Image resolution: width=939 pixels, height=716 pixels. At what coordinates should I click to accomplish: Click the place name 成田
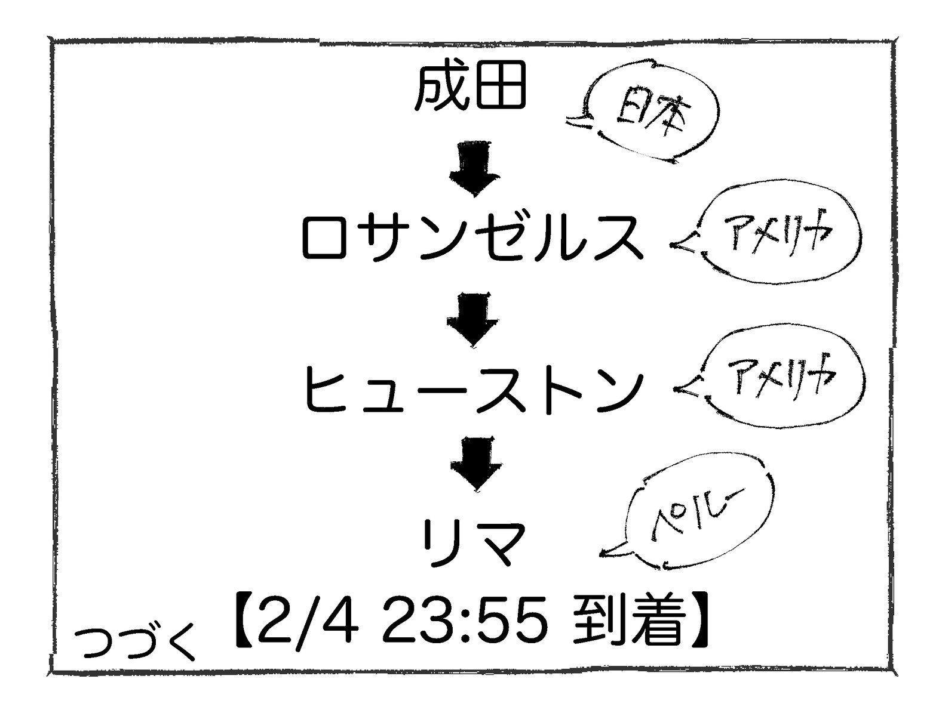(x=470, y=88)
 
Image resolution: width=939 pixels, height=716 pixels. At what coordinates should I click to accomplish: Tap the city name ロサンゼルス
(x=472, y=237)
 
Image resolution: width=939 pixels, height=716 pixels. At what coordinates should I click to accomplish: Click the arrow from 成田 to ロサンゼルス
(x=474, y=169)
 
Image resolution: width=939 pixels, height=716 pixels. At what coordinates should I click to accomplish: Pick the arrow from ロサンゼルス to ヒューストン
(x=472, y=319)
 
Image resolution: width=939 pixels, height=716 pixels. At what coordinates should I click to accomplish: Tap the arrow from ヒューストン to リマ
(x=475, y=463)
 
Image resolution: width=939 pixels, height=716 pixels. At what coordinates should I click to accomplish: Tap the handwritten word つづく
(x=136, y=643)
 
